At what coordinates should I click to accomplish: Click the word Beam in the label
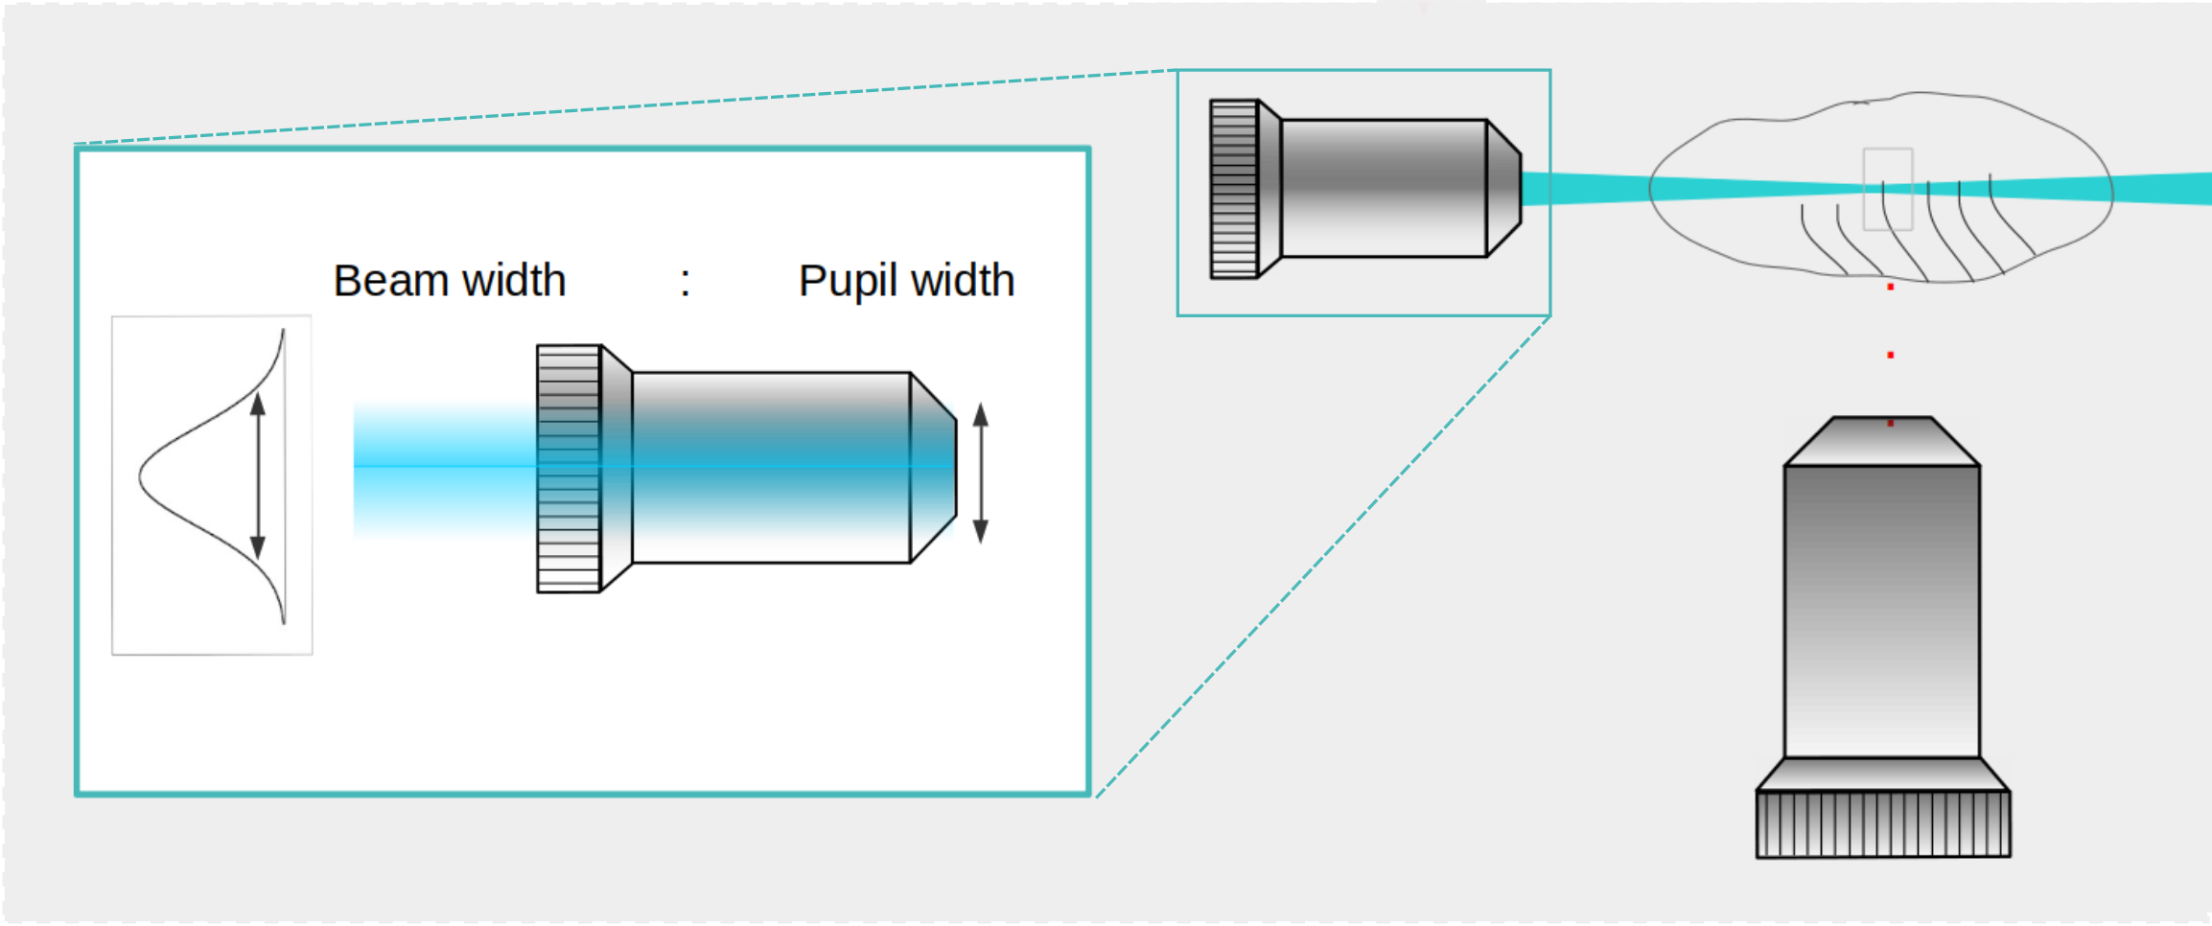(391, 282)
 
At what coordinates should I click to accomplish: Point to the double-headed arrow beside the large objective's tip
(980, 474)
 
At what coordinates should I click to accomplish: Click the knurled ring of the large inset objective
(569, 469)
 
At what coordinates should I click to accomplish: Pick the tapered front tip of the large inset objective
(933, 468)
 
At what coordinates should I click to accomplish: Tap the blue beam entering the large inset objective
(441, 468)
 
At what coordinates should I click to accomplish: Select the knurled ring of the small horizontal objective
(1234, 189)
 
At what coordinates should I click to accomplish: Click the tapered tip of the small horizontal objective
(1503, 188)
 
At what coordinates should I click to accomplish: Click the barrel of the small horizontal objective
(1384, 188)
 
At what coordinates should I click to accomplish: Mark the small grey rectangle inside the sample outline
(1888, 189)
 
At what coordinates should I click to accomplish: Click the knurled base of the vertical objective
(1883, 823)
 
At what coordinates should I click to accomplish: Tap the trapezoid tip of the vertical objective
(1882, 442)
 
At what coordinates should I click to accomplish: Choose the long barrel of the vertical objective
(1882, 611)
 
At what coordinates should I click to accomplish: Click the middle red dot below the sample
(1891, 356)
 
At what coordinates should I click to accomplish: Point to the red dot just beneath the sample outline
(1891, 288)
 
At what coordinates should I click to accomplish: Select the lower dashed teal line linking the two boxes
(1323, 556)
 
